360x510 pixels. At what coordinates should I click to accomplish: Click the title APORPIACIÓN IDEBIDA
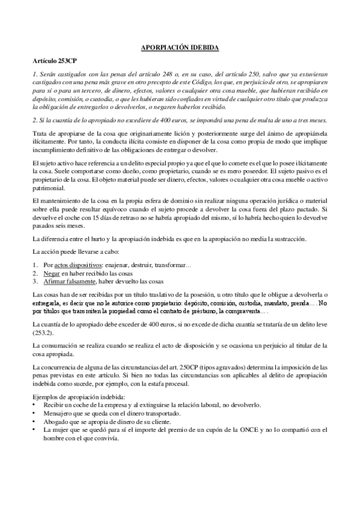pos(180,46)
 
